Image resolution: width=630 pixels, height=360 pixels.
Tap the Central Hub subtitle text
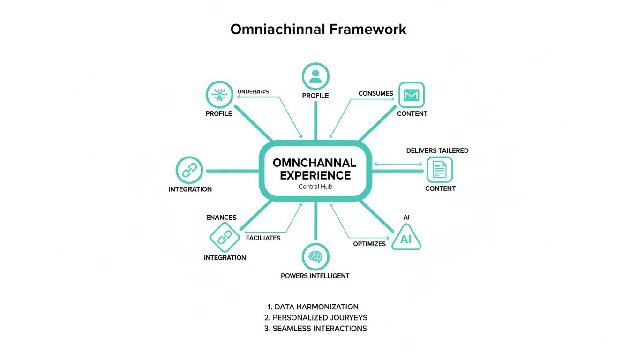coord(315,187)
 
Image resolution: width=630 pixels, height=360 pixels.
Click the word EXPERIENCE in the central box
coord(315,175)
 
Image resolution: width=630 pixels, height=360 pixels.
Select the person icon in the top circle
coord(315,76)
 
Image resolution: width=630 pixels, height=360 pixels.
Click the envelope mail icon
coord(411,96)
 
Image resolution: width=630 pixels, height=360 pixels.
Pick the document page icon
coord(440,169)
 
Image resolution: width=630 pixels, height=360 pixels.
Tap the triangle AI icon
coord(405,238)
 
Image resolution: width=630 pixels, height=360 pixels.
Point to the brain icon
coord(315,256)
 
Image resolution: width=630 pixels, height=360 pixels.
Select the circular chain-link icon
coord(189,170)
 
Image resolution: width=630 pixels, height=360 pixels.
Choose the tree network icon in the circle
coord(219,95)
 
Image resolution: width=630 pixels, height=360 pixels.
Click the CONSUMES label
coord(375,93)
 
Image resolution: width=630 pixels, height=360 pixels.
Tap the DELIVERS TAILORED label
coord(437,150)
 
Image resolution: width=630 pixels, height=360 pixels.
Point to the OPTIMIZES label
coord(369,244)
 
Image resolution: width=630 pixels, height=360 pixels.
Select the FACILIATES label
coord(263,238)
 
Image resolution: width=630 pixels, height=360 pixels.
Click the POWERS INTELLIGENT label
coord(315,276)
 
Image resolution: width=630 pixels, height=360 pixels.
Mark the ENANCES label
coord(221,217)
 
